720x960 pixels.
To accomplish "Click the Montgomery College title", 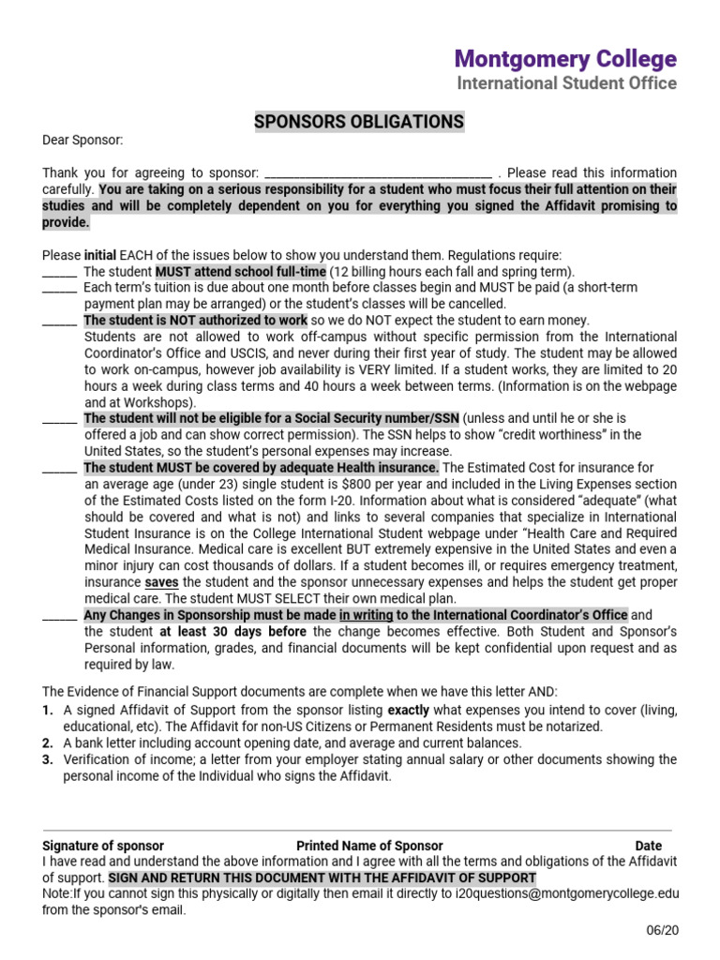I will (565, 59).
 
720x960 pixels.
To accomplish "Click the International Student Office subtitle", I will (566, 83).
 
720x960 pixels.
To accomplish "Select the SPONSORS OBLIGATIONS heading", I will (359, 122).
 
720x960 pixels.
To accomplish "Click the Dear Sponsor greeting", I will (82, 141).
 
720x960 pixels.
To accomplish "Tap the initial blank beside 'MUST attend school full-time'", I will (60, 272).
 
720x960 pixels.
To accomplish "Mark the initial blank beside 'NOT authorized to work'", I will (60, 321).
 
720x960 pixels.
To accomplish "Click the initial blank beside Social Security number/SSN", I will (60, 418).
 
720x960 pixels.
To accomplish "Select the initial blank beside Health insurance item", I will (60, 468).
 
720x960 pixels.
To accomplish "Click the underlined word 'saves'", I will (162, 582).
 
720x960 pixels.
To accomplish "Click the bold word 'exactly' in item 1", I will (408, 711).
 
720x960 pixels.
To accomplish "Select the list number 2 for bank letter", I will (47, 743).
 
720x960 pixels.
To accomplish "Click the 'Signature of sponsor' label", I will (103, 846).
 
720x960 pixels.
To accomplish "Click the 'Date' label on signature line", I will (648, 846).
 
